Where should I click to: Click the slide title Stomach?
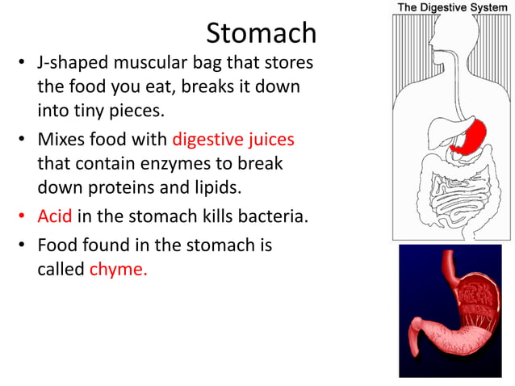261,34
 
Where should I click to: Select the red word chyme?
118,269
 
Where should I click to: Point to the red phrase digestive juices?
232,140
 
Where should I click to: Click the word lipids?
220,187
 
